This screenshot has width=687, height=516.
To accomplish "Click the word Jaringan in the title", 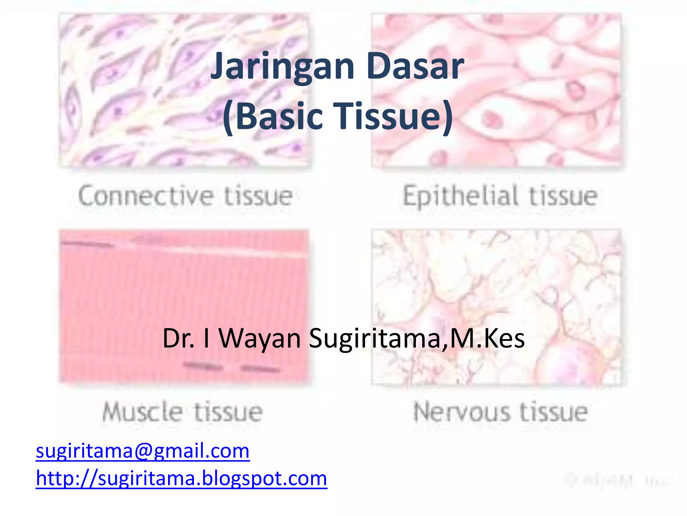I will (x=282, y=67).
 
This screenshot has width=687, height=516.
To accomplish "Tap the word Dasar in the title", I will (x=415, y=67).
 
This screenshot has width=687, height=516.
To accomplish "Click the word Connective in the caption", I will (x=146, y=196).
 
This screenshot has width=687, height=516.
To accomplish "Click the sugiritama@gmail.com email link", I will (x=143, y=451).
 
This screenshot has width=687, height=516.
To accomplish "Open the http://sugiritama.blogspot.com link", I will (x=181, y=478).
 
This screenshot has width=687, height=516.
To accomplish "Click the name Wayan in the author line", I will (x=260, y=339).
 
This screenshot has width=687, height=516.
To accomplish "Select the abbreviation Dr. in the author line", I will (x=178, y=339).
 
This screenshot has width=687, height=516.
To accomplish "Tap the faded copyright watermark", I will (x=617, y=480).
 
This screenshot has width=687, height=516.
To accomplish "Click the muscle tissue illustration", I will (x=184, y=306).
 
